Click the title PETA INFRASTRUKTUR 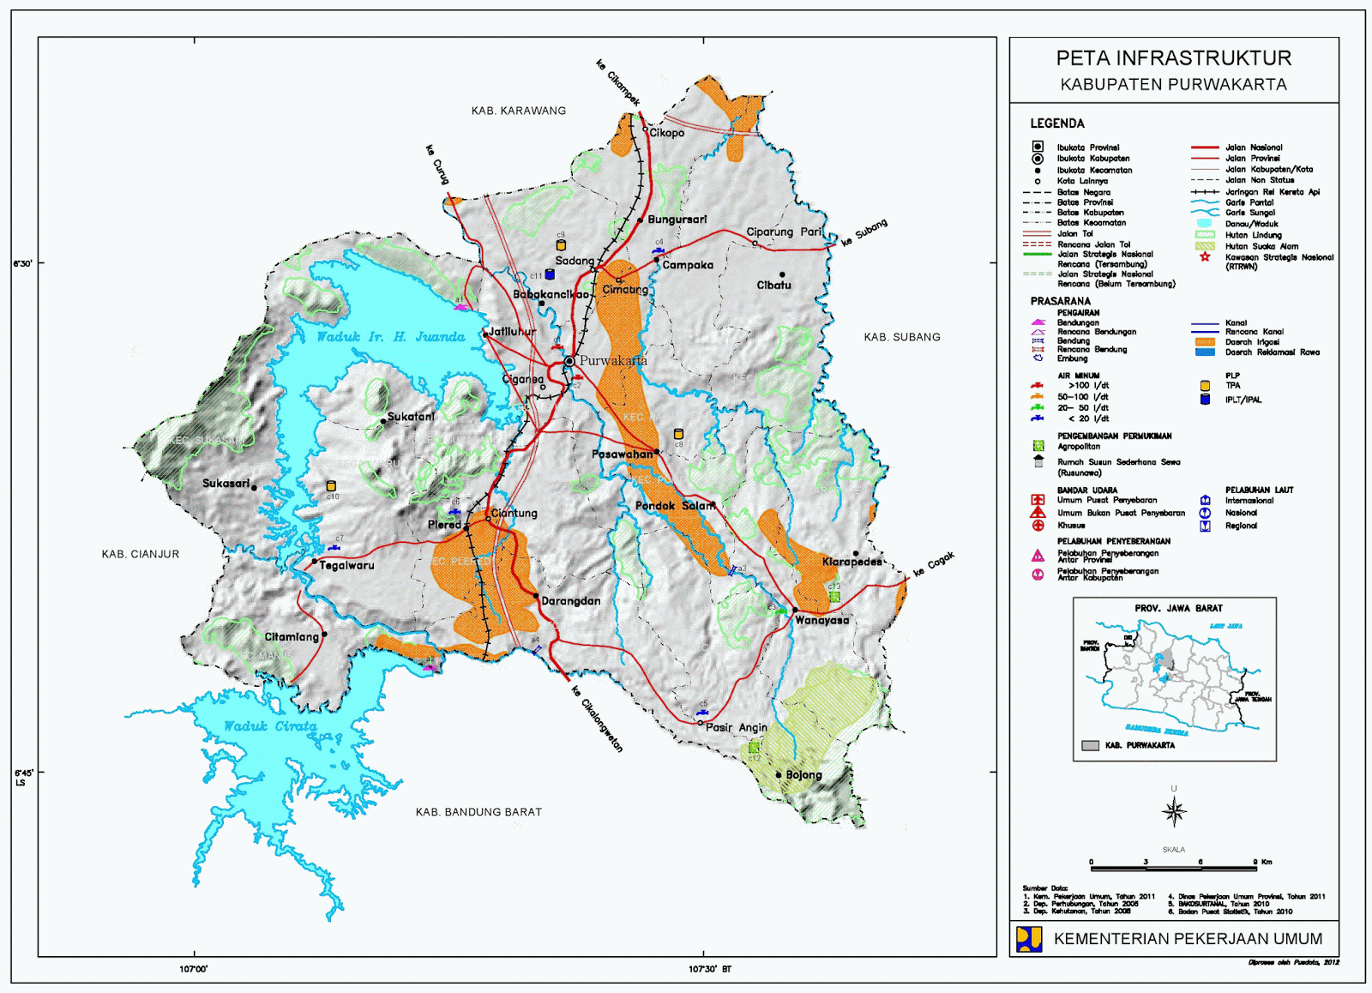1173,58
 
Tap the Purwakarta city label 612,361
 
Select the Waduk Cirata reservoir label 270,726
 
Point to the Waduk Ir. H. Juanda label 390,337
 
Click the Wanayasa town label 821,620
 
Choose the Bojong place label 803,775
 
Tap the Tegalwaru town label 346,565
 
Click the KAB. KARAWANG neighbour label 518,111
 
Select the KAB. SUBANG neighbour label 901,337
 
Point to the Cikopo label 666,133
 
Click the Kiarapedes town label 851,562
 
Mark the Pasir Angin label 736,727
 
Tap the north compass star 1174,810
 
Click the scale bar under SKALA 1173,868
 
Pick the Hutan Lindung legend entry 1253,235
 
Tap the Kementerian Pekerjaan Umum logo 1028,938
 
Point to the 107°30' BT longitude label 710,969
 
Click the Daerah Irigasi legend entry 1251,342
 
